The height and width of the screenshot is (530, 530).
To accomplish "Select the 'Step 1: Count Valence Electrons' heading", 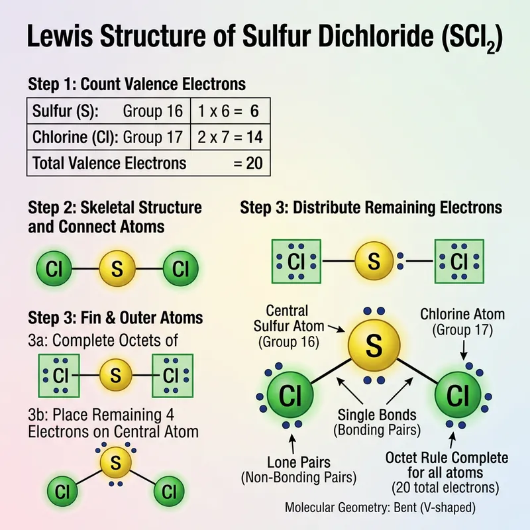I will point(137,85).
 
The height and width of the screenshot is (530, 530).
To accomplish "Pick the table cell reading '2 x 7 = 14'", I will point(230,137).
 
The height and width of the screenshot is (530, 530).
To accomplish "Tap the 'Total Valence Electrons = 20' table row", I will point(148,162).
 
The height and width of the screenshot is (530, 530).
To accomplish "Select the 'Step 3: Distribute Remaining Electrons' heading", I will point(371,208).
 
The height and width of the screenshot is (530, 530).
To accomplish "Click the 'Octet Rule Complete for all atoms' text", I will point(447,466).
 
